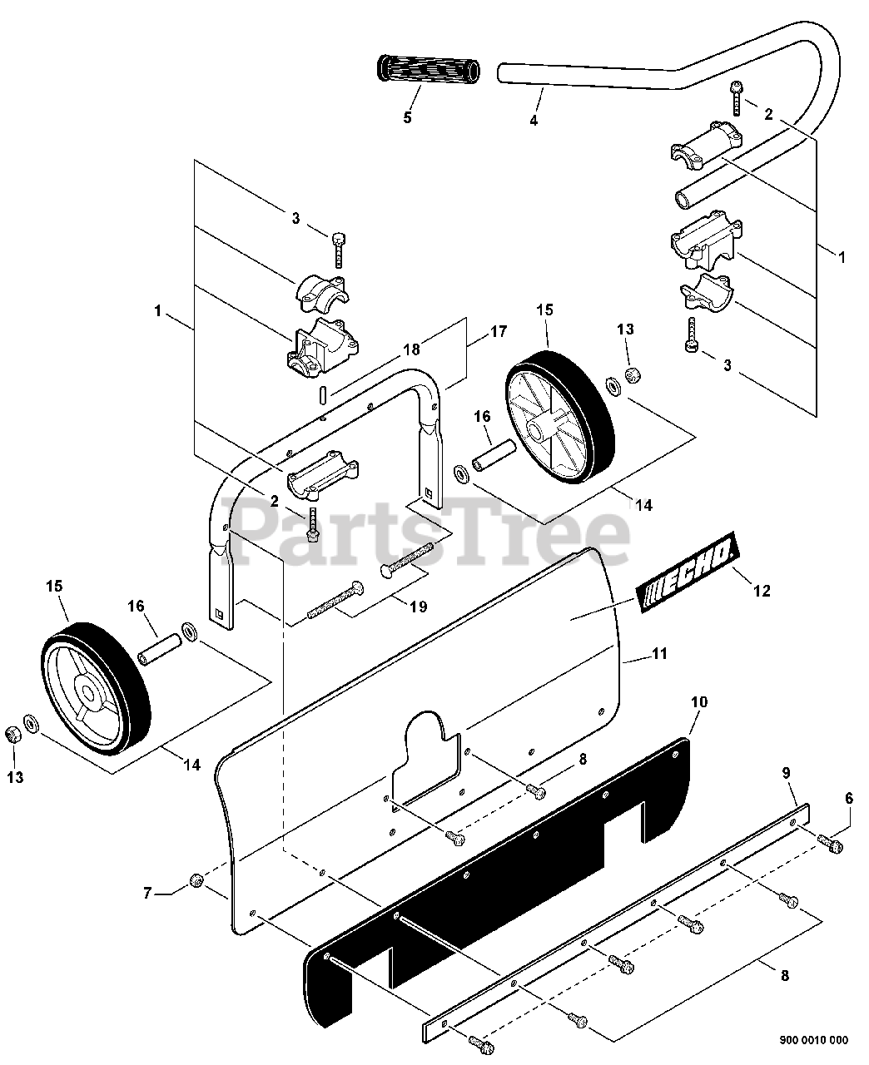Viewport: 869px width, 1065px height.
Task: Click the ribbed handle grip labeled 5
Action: tap(429, 69)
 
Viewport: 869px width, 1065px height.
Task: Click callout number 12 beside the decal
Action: tap(762, 590)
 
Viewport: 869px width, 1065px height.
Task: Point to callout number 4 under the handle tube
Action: tap(534, 120)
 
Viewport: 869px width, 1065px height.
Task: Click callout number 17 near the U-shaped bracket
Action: tap(498, 331)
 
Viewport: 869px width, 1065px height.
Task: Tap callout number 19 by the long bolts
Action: tap(419, 606)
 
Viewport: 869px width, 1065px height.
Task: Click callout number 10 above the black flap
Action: tap(699, 701)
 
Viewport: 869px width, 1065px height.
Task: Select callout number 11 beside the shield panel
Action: tap(660, 653)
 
